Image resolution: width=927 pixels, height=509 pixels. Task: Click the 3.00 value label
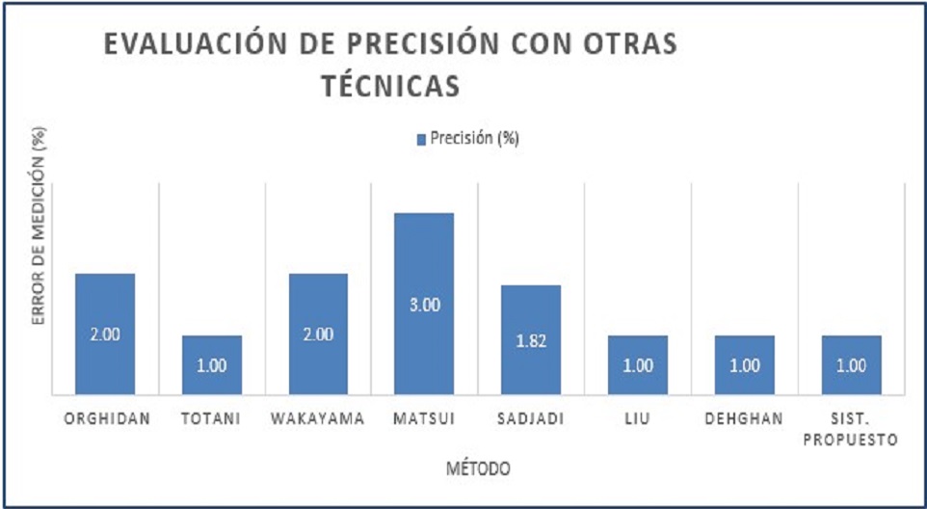[425, 305]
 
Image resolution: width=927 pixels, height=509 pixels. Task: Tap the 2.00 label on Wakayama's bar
[318, 335]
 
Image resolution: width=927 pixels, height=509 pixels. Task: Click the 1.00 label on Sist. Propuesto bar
[851, 365]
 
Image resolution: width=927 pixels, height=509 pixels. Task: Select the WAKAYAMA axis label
[318, 419]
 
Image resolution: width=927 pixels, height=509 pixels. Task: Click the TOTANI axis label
[212, 419]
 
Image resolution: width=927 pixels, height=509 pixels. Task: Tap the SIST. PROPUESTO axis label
[851, 429]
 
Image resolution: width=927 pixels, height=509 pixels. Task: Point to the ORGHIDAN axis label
[105, 419]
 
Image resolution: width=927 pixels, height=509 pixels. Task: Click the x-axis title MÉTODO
[478, 469]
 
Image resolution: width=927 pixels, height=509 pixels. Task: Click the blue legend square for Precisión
[420, 139]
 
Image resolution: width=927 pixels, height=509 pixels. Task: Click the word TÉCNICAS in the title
[389, 87]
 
